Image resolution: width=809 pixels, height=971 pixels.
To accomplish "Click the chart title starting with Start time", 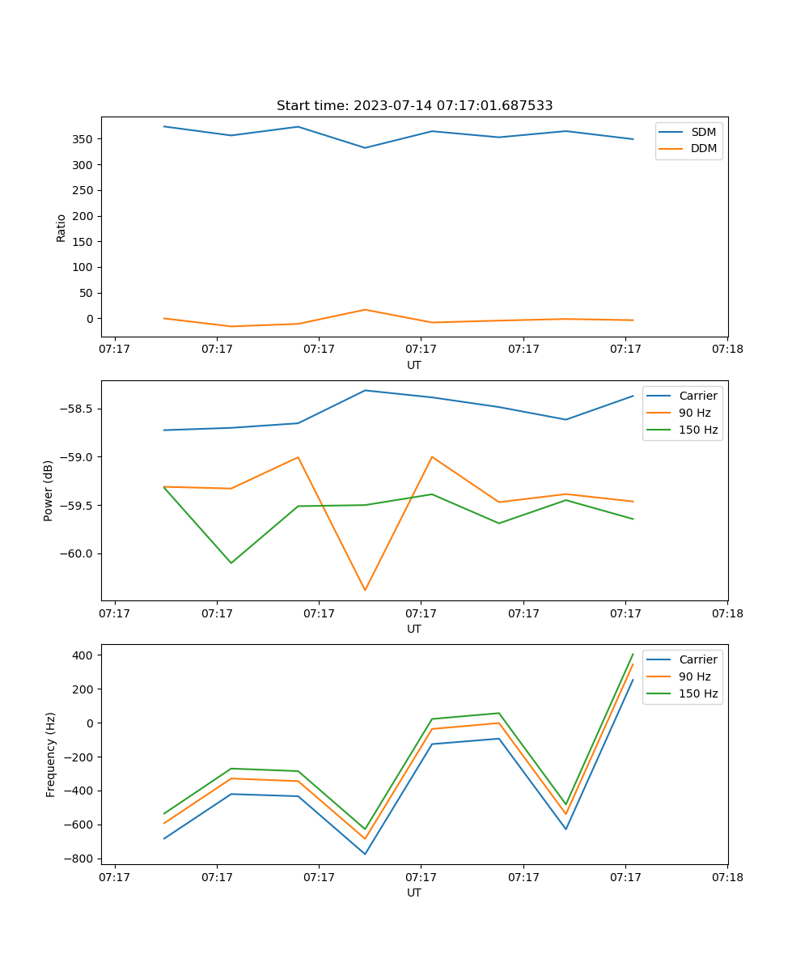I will [x=414, y=106].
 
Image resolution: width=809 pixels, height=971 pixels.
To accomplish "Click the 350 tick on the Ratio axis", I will [x=83, y=139].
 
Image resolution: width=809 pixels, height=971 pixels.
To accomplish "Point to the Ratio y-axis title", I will [x=61, y=227].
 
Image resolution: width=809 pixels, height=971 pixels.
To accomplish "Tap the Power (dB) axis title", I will [x=49, y=490].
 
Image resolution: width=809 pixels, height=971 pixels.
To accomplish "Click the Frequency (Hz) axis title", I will [x=51, y=754].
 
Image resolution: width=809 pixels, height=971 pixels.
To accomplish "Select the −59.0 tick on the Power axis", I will [x=75, y=457].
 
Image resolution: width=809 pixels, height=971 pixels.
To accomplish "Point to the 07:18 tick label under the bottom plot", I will [x=726, y=876].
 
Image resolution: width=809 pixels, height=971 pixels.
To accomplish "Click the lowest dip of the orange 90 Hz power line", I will [x=365, y=590].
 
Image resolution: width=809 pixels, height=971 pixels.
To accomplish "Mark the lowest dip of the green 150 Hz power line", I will [x=231, y=562].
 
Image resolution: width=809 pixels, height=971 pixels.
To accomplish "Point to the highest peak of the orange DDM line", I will [x=365, y=310].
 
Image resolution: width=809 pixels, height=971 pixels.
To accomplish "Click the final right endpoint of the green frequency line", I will [x=633, y=654].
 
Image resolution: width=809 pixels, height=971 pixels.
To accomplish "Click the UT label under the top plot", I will [x=414, y=365].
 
